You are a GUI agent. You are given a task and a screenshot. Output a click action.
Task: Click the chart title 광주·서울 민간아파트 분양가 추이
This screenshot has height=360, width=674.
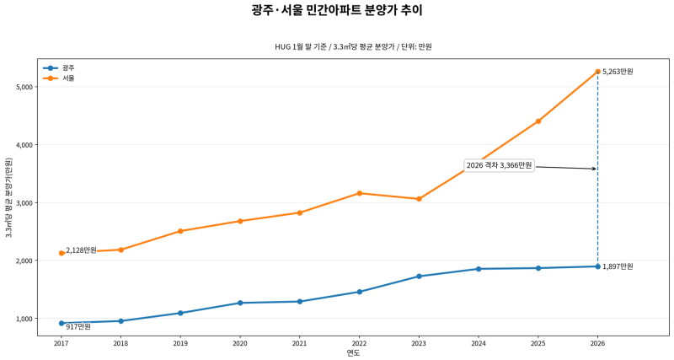337,11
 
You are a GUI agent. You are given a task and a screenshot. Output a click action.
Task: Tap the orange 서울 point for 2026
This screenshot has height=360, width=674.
597,72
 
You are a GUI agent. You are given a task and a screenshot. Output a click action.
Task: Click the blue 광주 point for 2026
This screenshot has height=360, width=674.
597,266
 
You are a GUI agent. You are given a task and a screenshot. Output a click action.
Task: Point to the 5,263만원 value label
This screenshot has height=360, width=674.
618,72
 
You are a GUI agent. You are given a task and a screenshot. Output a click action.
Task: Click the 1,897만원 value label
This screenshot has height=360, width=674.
618,266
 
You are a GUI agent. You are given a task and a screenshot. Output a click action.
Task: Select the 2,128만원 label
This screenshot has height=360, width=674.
81,250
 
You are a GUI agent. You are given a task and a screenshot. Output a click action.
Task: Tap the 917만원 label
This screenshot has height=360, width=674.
78,326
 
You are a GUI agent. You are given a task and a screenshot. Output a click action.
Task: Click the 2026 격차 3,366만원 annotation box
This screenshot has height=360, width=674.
499,166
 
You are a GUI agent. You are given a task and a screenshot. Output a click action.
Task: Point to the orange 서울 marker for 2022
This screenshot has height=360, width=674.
360,193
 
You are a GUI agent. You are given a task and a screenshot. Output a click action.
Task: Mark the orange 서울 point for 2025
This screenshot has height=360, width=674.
538,121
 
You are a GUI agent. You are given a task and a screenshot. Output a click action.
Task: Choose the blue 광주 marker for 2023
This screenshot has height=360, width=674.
419,277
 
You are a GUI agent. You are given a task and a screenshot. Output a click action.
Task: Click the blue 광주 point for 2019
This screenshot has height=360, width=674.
180,313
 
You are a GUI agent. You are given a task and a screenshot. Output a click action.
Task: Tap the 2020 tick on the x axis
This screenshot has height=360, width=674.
240,343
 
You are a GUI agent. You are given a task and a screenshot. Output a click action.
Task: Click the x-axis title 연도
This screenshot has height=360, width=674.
353,353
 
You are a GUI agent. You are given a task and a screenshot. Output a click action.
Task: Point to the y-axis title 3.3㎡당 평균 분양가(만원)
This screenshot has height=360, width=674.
8,198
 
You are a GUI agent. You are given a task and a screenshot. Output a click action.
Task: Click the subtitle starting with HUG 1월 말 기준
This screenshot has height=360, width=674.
353,47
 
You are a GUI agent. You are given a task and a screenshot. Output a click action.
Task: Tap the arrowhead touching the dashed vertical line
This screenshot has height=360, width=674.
594,169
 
